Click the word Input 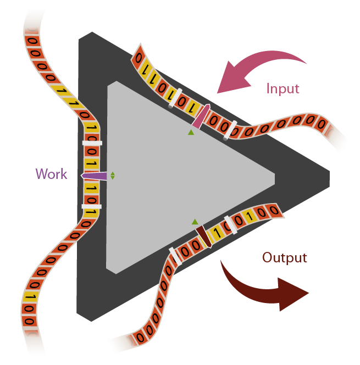pos(283,88)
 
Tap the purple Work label pos(51,175)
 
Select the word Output pos(284,257)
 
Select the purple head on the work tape pos(95,176)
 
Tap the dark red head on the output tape pos(204,237)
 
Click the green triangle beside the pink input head pos(191,132)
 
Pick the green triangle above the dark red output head pos(195,222)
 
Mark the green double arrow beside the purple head pos(113,176)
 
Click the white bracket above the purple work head pos(92,143)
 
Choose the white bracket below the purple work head pos(91,206)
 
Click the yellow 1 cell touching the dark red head pos(217,233)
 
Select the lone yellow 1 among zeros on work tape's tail pos(31,297)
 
